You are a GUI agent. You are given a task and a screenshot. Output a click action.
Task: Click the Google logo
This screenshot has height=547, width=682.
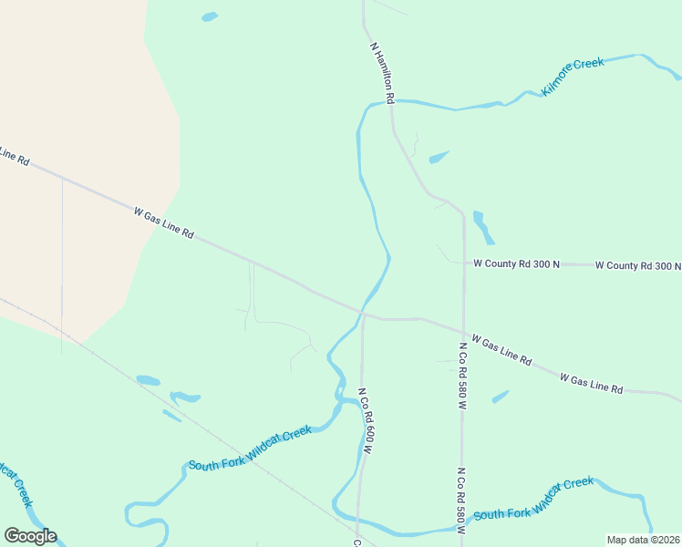30,536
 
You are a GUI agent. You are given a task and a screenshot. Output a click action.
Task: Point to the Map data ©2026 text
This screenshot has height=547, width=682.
644,540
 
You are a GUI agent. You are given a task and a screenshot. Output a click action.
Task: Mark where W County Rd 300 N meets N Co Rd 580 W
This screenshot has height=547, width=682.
464,263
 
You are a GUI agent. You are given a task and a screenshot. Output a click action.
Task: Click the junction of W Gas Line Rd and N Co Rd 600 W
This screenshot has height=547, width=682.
363,315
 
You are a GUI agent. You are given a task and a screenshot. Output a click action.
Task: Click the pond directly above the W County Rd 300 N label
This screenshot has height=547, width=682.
482,227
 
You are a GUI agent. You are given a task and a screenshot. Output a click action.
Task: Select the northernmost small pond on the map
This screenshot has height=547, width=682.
210,16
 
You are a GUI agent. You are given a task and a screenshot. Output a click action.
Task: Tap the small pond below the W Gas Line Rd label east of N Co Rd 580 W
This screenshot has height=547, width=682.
501,397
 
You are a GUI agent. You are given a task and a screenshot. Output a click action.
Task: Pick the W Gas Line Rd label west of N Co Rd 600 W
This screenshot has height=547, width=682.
164,222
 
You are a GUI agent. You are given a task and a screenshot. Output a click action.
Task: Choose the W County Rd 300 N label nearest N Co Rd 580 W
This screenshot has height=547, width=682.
516,263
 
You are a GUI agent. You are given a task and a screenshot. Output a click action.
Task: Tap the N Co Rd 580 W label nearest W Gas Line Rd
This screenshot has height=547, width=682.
462,377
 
